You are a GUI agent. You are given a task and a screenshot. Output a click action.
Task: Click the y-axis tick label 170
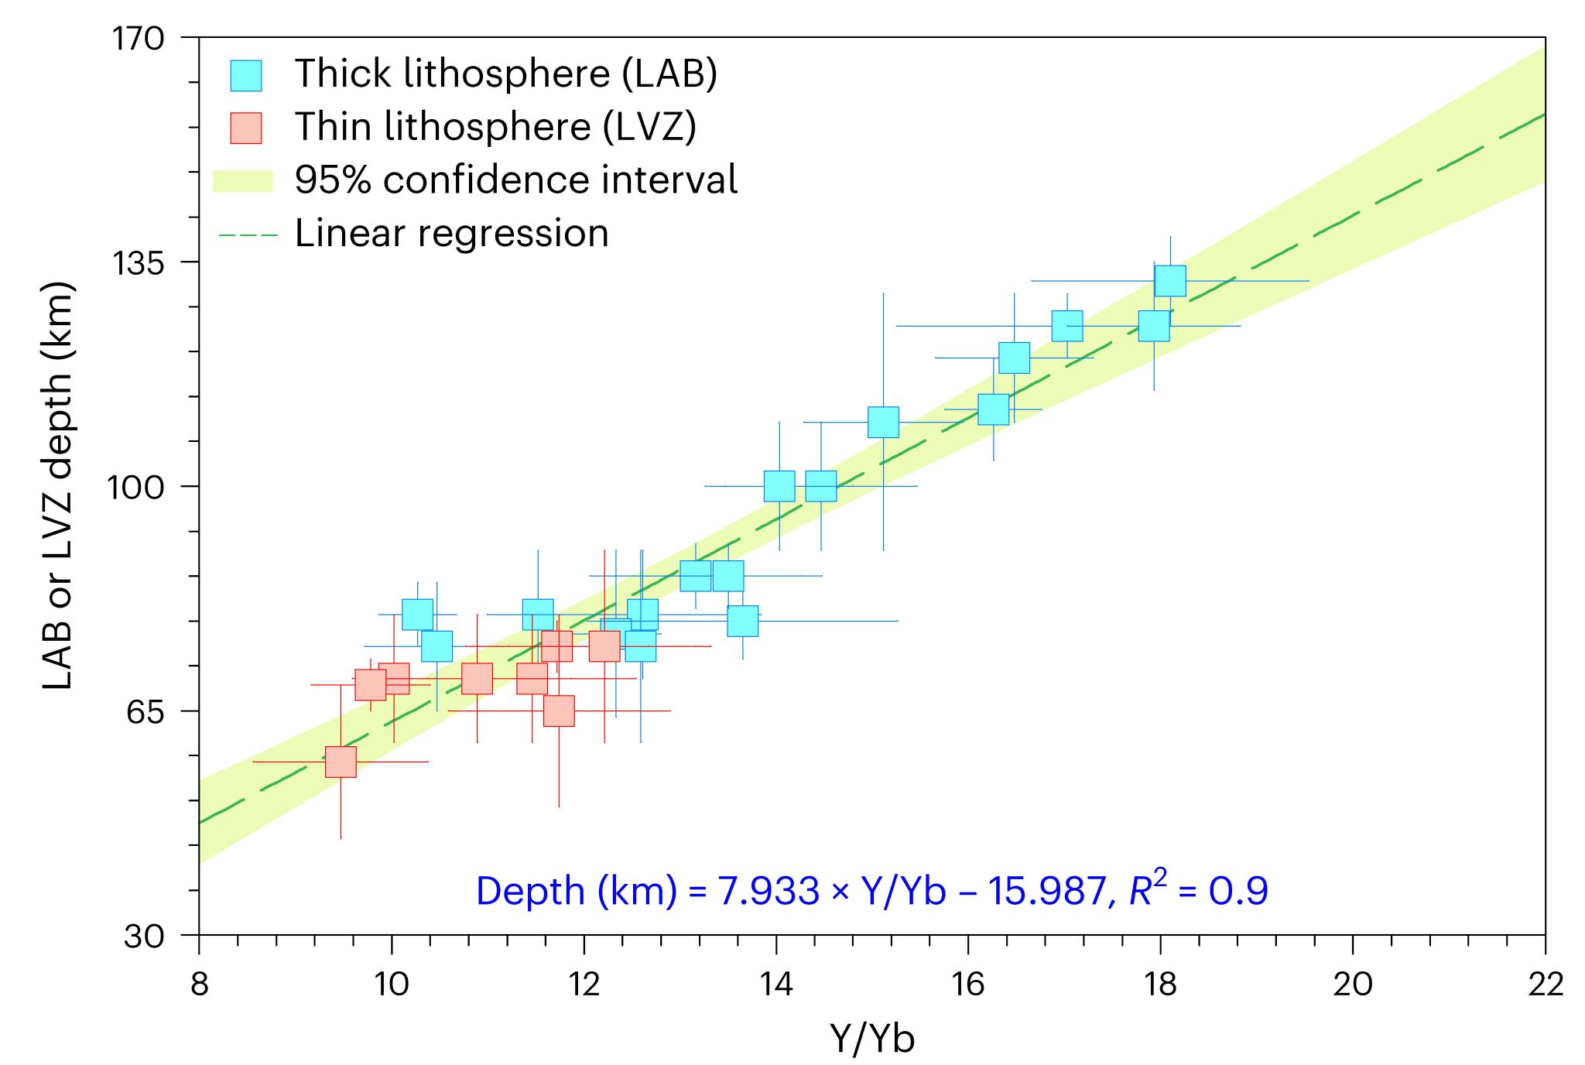[139, 39]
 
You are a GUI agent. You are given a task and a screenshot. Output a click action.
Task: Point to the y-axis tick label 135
[139, 263]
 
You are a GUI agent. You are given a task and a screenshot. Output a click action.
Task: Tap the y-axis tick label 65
[146, 711]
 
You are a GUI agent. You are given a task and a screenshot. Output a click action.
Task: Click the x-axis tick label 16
[968, 984]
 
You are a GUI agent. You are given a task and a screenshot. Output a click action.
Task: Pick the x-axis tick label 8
[200, 984]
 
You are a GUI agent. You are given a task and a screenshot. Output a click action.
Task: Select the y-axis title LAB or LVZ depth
[58, 486]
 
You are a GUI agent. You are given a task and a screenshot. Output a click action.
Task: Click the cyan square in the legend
[246, 75]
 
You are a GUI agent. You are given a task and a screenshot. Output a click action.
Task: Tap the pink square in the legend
[246, 128]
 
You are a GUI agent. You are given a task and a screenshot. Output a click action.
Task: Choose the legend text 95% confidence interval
[516, 180]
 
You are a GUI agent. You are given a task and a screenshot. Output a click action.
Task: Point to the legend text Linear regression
[452, 233]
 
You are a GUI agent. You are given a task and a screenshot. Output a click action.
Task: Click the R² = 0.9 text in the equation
[1199, 890]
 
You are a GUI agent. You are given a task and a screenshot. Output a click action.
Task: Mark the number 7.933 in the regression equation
[769, 891]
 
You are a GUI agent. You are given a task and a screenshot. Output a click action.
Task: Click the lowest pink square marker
[341, 762]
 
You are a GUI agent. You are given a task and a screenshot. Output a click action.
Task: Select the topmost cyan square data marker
[1170, 280]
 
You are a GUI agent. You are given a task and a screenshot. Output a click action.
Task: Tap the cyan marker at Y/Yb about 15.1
[883, 422]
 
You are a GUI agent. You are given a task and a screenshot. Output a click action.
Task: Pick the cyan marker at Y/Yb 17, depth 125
[1067, 326]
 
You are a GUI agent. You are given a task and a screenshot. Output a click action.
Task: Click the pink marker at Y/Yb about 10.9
[477, 679]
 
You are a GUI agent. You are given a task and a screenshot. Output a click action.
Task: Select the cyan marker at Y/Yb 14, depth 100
[779, 486]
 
